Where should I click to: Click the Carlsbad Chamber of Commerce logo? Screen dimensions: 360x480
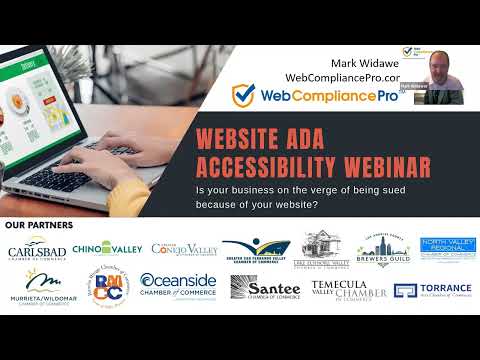tap(39, 252)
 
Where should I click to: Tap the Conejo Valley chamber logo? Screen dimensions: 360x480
tap(184, 250)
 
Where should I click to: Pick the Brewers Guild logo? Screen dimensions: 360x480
tap(384, 250)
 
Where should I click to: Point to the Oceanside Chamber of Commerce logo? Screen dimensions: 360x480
tap(178, 288)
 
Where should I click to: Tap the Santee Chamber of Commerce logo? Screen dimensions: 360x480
tap(265, 289)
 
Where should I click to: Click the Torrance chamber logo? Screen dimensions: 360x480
tap(432, 290)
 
